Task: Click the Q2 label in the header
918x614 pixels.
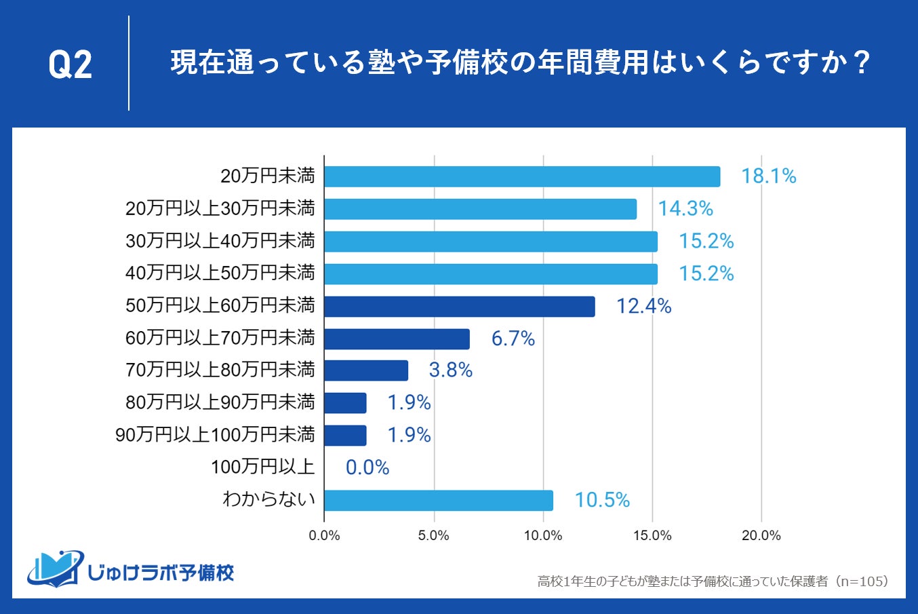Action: [x=71, y=65]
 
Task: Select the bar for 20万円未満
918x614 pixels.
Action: [x=522, y=176]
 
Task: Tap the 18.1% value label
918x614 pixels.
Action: [x=768, y=176]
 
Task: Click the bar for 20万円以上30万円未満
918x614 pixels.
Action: [x=480, y=209]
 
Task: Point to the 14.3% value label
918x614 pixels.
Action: [x=685, y=209]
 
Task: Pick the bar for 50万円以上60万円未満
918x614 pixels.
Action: [x=459, y=307]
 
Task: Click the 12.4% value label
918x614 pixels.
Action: [x=643, y=307]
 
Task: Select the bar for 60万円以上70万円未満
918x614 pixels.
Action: [x=397, y=339]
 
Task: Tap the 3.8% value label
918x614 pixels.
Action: [x=450, y=370]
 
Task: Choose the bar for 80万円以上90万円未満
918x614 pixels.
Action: [x=345, y=403]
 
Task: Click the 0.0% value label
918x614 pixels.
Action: [x=367, y=467]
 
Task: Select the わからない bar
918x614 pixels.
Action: [x=438, y=500]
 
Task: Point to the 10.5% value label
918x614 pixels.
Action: [x=602, y=500]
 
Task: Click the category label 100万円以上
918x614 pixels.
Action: [x=262, y=467]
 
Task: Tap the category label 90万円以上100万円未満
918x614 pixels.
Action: [x=215, y=435]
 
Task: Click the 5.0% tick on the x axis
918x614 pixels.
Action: [x=434, y=535]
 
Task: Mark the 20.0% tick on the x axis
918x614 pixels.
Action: [x=761, y=535]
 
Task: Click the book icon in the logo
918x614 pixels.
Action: [x=54, y=569]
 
